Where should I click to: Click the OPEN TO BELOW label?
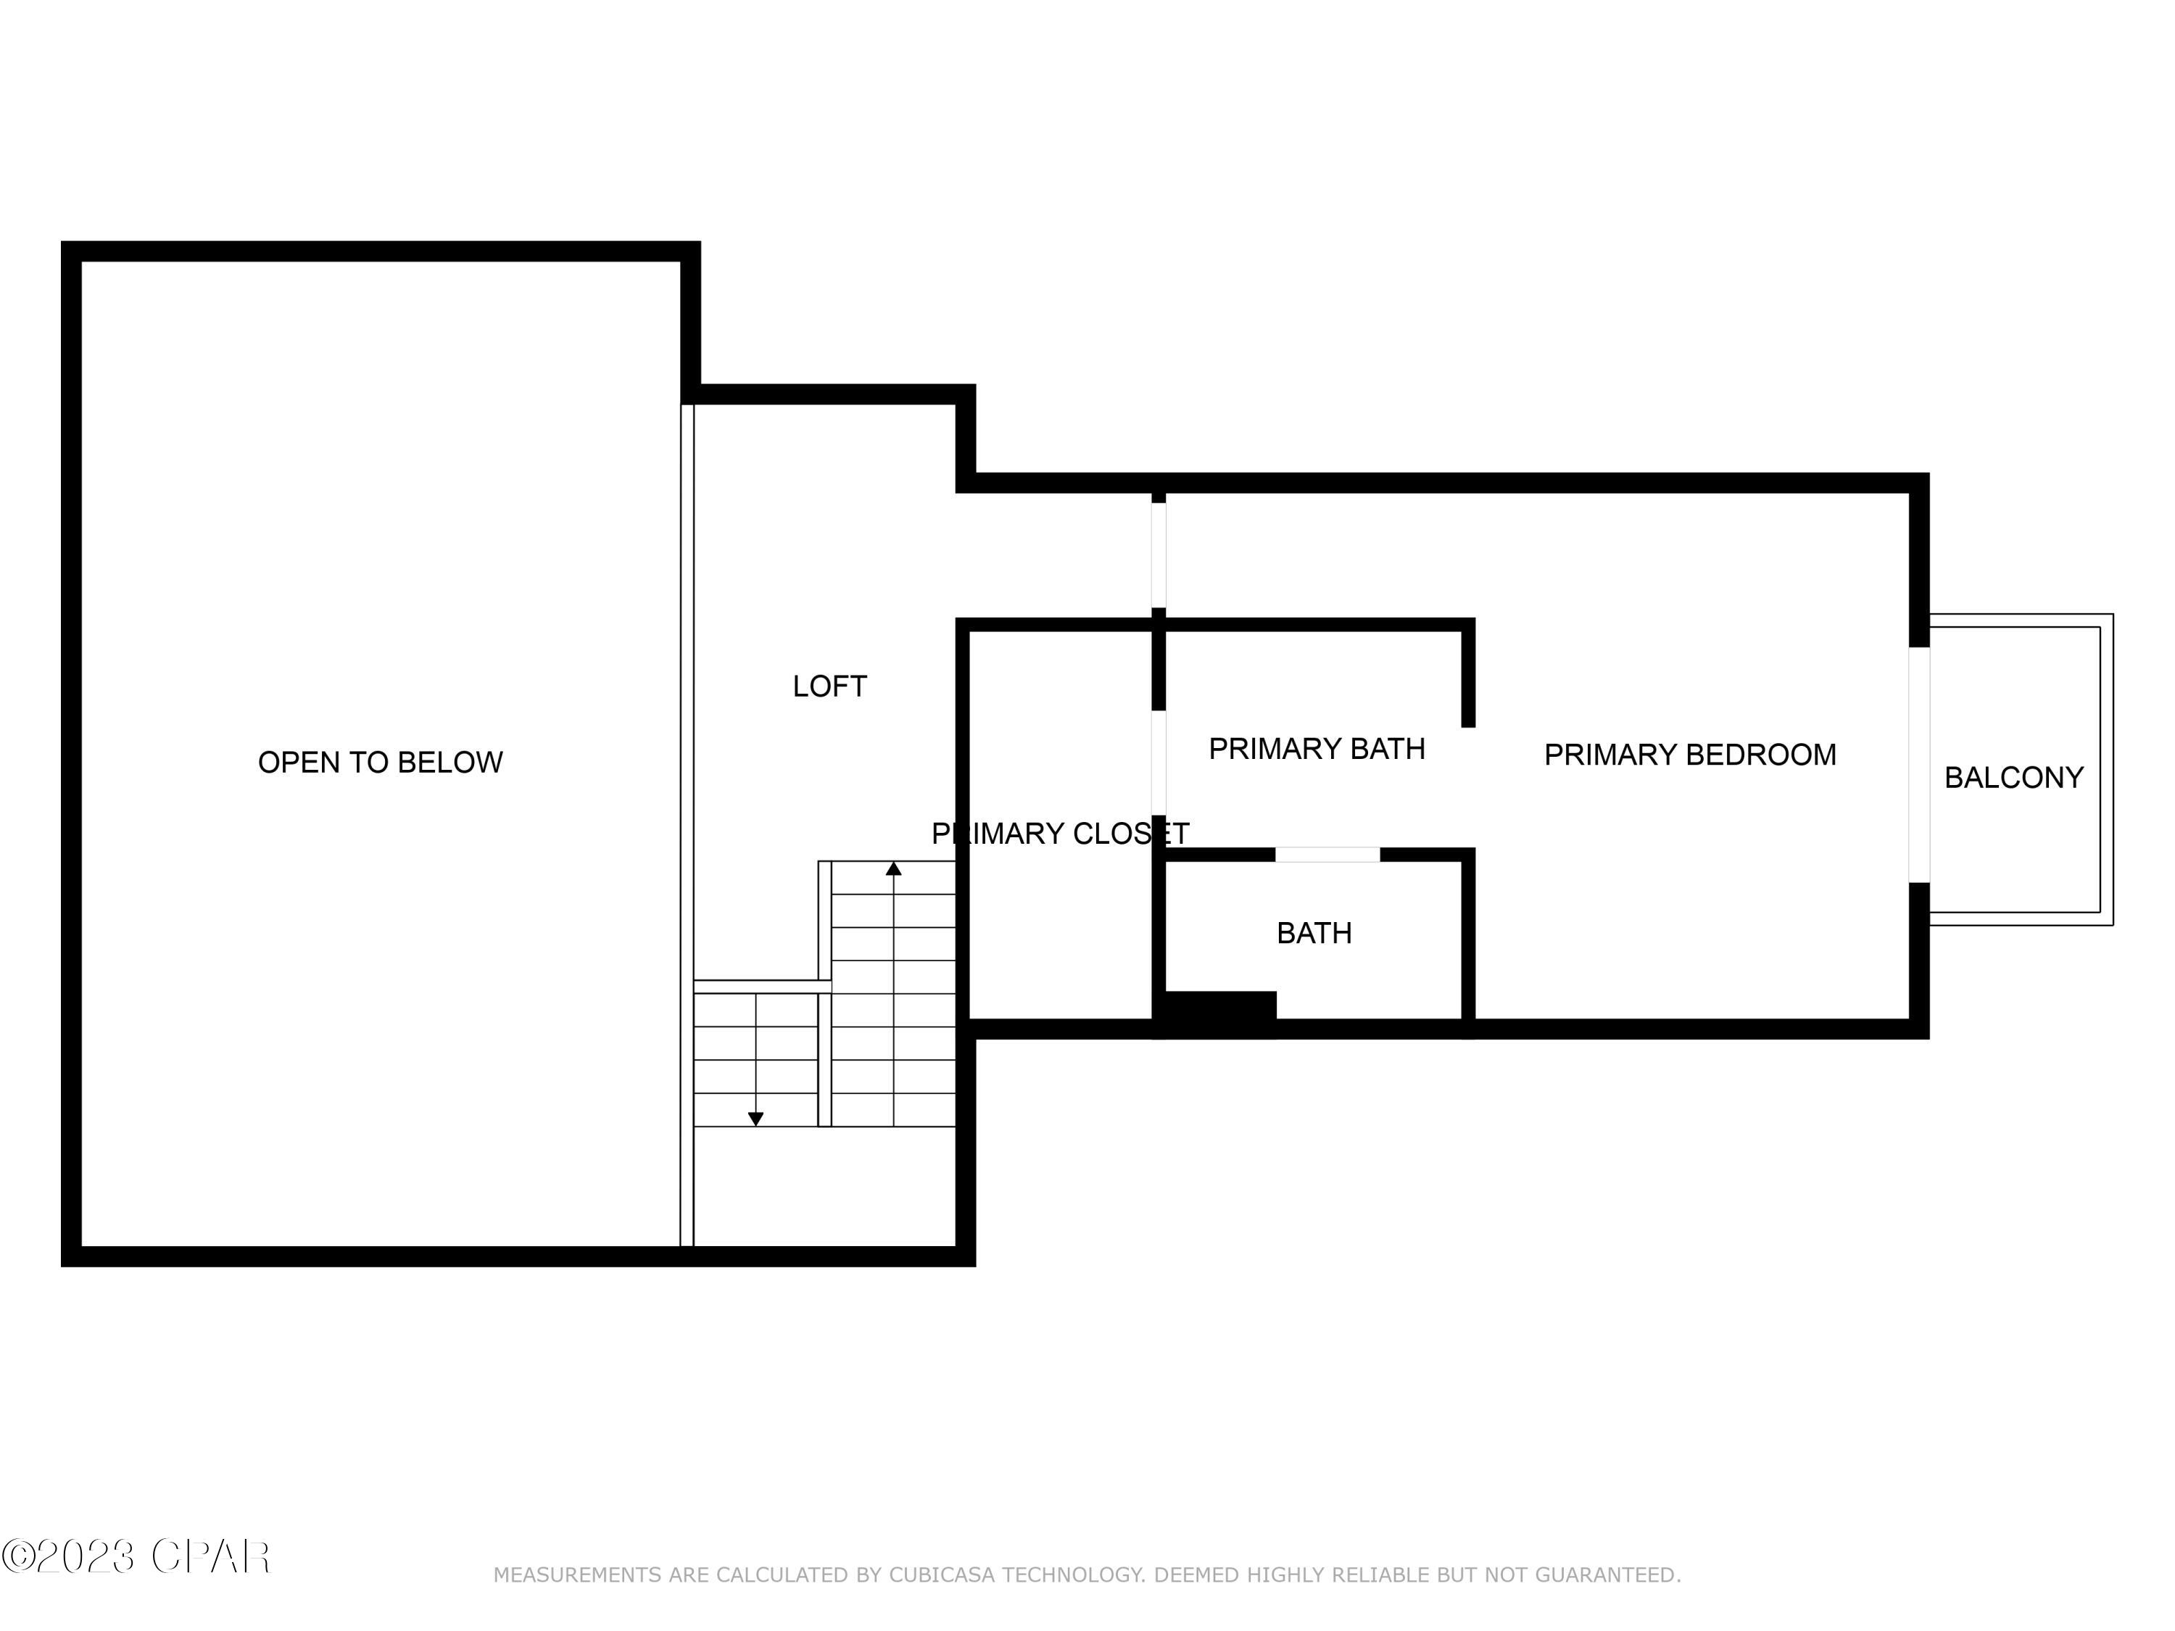380,763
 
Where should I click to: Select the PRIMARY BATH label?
1316,749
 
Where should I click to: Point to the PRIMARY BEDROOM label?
1689,755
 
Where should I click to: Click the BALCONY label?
2013,778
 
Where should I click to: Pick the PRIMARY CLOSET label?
1059,834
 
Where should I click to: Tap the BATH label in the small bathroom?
1314,933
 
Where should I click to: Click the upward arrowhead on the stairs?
892,869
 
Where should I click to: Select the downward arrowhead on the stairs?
755,1119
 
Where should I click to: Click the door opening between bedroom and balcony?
1918,765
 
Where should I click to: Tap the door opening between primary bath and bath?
1327,855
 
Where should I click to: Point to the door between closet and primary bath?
1159,763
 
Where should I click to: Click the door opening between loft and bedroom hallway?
1159,555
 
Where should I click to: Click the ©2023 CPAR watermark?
136,1556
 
